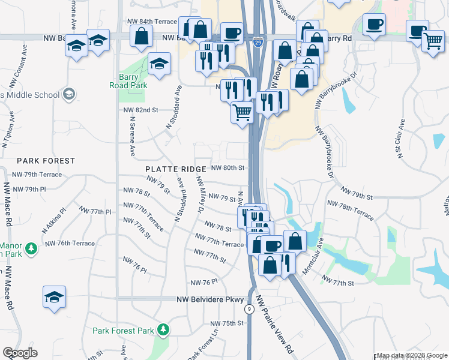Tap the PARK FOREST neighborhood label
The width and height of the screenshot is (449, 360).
click(x=46, y=161)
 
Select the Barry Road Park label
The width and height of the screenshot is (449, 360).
click(x=133, y=81)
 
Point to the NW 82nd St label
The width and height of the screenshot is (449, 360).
click(x=140, y=110)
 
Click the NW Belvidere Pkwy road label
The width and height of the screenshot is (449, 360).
click(x=210, y=299)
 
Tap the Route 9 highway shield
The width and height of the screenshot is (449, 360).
click(x=249, y=310)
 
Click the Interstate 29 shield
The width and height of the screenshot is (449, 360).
click(x=257, y=44)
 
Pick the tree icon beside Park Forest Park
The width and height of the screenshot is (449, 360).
click(x=162, y=329)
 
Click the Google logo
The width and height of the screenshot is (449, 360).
click(x=20, y=353)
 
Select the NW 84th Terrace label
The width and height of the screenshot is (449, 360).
click(x=152, y=21)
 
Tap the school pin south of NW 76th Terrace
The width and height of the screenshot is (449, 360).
click(x=54, y=296)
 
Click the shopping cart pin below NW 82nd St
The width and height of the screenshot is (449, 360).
click(x=243, y=112)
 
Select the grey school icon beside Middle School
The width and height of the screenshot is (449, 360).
click(x=70, y=94)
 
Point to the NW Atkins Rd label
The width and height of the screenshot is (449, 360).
click(x=53, y=222)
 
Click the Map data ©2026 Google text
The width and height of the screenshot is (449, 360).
click(x=412, y=356)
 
